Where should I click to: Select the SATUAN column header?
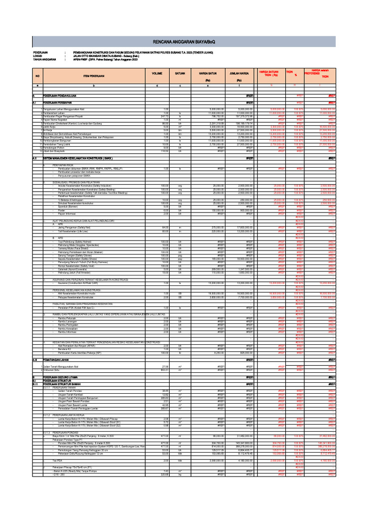point(180,73)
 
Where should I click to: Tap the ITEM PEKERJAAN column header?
point(94,76)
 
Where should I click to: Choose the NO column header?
point(37,76)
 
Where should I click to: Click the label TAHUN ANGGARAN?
point(44,59)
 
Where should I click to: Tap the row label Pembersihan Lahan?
point(55,114)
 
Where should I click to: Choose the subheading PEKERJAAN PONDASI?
point(68,432)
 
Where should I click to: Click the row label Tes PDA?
point(57,460)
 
